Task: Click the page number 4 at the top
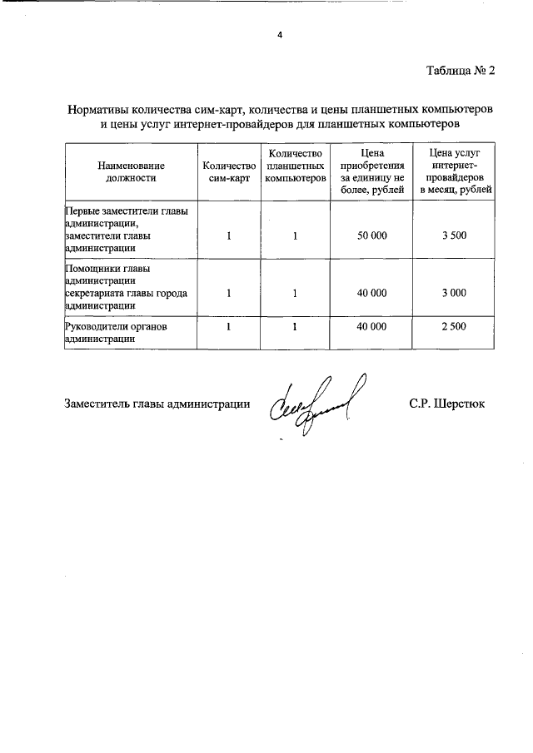click(x=280, y=34)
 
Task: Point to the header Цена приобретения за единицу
click(x=371, y=172)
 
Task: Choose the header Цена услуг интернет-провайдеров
click(x=455, y=172)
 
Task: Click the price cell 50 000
click(x=371, y=236)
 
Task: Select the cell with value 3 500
click(x=455, y=236)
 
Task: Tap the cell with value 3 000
click(x=455, y=293)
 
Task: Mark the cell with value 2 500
click(x=455, y=328)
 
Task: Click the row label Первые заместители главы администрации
click(x=126, y=230)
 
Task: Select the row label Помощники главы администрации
click(x=126, y=287)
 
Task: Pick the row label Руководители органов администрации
click(x=117, y=334)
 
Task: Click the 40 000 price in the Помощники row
click(x=371, y=293)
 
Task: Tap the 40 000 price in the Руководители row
click(x=371, y=328)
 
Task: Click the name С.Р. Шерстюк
click(x=446, y=404)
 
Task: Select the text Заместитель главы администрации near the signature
click(x=157, y=404)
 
